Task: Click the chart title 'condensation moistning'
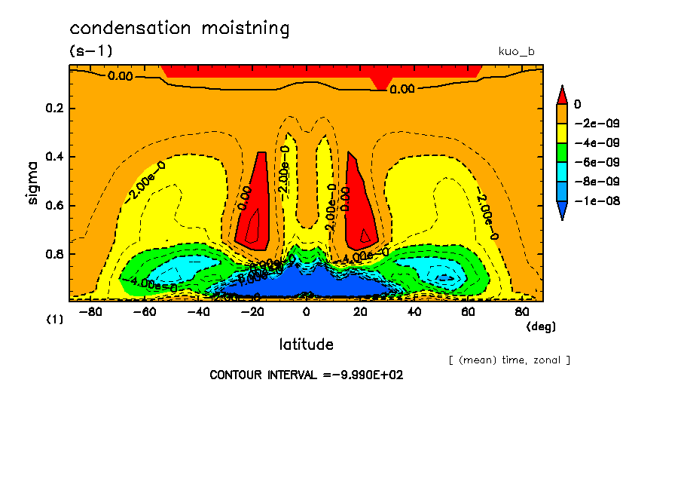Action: click(x=179, y=29)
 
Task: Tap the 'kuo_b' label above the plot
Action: click(x=516, y=51)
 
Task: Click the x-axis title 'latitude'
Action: click(x=306, y=344)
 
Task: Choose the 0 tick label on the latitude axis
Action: click(x=306, y=311)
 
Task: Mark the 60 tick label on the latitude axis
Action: click(x=468, y=311)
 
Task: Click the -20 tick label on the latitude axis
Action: click(x=252, y=311)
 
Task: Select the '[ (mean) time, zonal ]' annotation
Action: click(x=509, y=360)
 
